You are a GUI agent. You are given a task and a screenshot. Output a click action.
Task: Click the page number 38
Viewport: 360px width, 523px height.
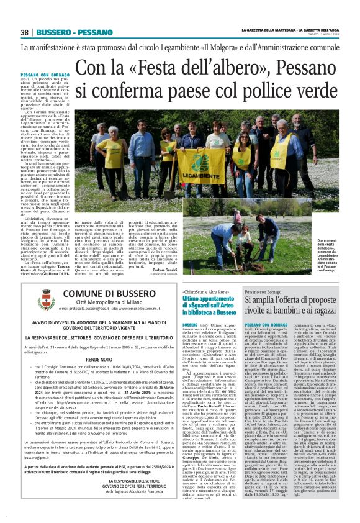tap(25, 32)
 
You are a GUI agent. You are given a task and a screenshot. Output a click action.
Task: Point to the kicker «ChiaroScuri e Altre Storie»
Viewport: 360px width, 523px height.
tap(204, 291)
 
